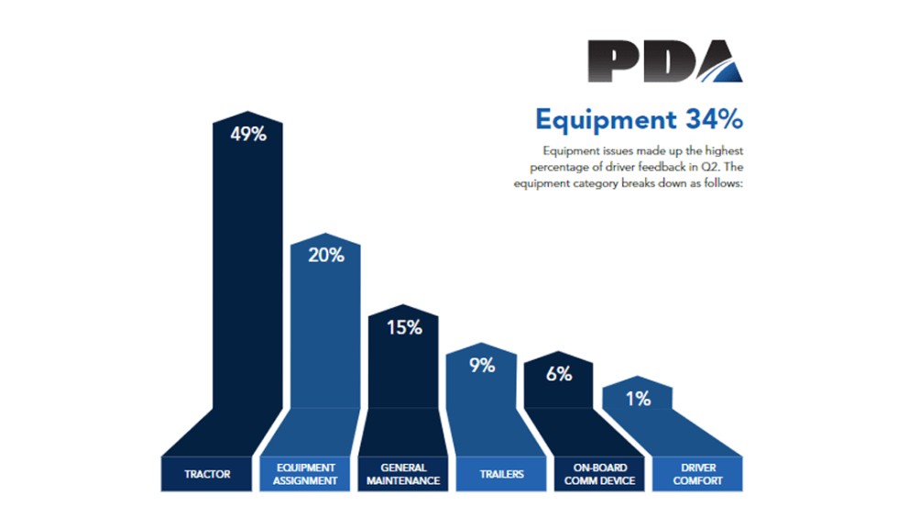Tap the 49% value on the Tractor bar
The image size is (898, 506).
pyautogui.click(x=247, y=134)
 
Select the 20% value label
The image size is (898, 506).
pyautogui.click(x=326, y=256)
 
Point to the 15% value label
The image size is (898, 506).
pyautogui.click(x=404, y=327)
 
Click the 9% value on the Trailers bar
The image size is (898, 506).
pyautogui.click(x=482, y=365)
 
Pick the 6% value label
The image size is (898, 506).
pyautogui.click(x=560, y=374)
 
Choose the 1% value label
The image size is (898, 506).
pyautogui.click(x=639, y=399)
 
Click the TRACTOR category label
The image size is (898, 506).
pyautogui.click(x=208, y=474)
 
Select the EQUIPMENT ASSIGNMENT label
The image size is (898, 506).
pyautogui.click(x=306, y=474)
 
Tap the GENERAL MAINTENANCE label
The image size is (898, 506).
pyautogui.click(x=404, y=474)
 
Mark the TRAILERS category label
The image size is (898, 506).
pyautogui.click(x=502, y=474)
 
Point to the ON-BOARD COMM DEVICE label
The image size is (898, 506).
pyautogui.click(x=599, y=474)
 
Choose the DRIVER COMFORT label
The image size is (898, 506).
pyautogui.click(x=697, y=474)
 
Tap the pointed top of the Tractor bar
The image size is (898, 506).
pyautogui.click(x=247, y=115)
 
